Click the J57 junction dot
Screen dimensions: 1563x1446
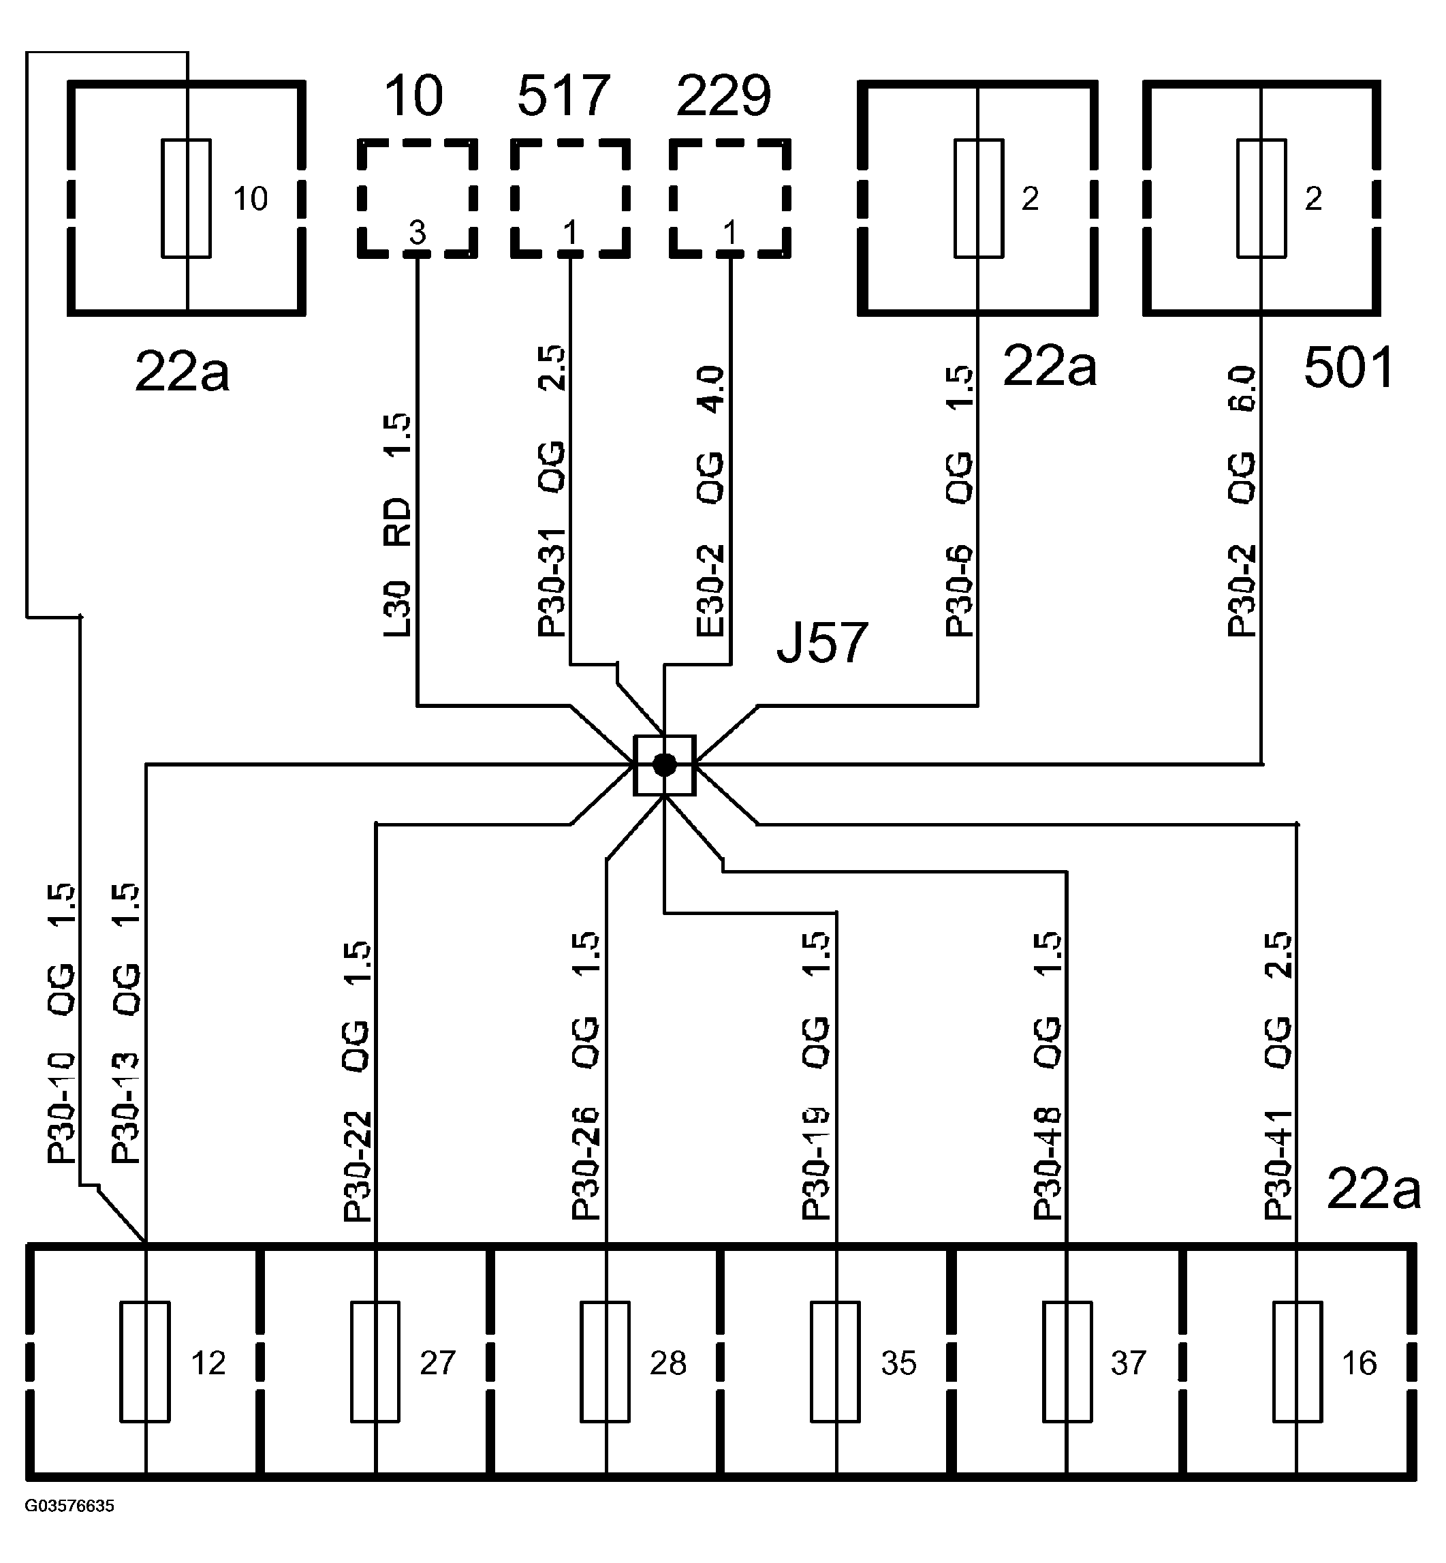(664, 764)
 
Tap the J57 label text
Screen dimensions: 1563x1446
(821, 643)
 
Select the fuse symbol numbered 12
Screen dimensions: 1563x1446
(145, 1361)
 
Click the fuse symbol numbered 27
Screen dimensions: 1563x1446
(375, 1361)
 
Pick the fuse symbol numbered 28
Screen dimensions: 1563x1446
(605, 1361)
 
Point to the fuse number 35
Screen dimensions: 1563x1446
(898, 1363)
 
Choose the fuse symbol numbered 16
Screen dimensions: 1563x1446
(1298, 1361)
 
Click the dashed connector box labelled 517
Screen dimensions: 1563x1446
(570, 198)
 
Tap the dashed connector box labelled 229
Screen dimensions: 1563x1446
(730, 198)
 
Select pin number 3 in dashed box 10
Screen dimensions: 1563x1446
(418, 232)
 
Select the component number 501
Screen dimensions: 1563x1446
(1348, 368)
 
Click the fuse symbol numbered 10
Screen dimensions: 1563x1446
(186, 198)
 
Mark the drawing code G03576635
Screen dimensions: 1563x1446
(69, 1506)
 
